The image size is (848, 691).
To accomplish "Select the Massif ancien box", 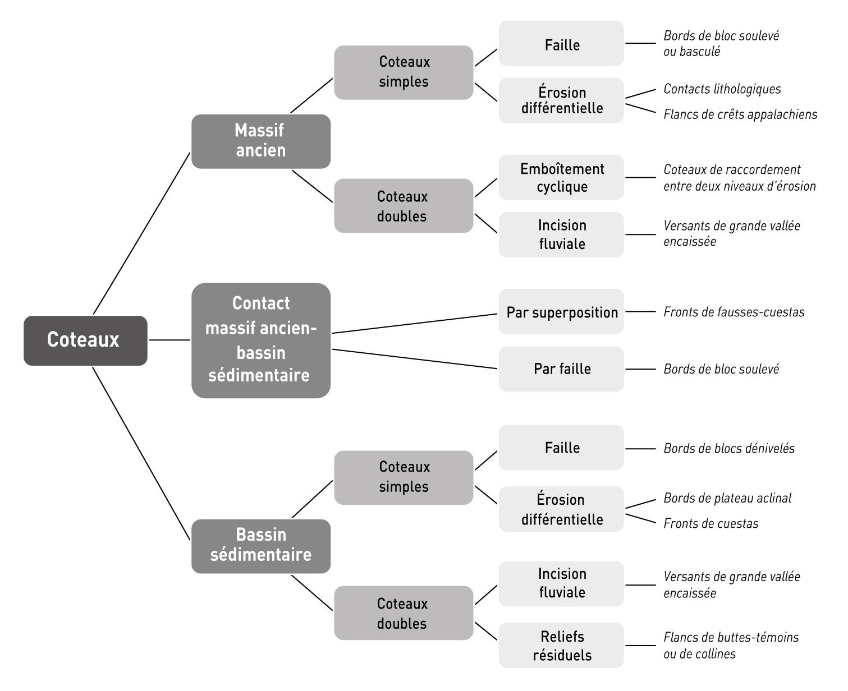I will pos(260,141).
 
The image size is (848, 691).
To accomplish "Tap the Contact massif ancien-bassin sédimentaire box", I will pos(260,340).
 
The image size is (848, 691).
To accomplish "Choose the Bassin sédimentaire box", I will pos(260,546).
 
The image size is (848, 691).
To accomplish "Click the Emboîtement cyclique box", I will pos(561,178).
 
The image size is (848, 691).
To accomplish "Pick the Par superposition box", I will pos(561,312).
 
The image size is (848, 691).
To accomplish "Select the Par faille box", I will pos(561,369).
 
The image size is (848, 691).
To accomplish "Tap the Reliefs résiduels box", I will pos(561,646).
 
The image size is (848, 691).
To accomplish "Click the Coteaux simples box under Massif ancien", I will pos(404,72).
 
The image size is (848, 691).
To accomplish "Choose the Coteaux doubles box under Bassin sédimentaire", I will pos(404,613).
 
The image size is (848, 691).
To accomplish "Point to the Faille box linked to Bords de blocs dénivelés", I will pos(561,448).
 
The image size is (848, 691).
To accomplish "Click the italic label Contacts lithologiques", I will pos(722,89).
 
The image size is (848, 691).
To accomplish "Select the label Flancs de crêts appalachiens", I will pos(740,114).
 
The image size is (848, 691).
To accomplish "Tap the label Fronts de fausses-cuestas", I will pos(734,312).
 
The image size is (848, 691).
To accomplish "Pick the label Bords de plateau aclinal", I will pos(727,498).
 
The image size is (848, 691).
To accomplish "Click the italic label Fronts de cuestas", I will pos(711,524).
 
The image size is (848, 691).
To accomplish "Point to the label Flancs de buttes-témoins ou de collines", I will pos(730,646).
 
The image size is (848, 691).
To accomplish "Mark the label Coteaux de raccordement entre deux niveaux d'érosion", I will pos(739,178).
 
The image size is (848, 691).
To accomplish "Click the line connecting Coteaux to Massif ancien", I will pos(141,233).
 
